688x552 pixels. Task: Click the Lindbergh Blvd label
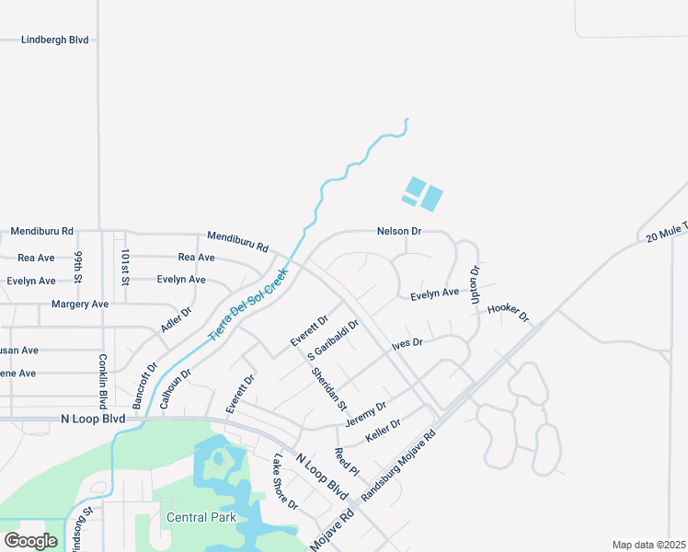(55, 40)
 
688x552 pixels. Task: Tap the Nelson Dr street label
(399, 232)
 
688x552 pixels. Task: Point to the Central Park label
(201, 517)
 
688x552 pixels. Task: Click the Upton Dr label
(475, 284)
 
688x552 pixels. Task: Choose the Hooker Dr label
(509, 313)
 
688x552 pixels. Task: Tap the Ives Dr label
(407, 343)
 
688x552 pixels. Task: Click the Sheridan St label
(328, 389)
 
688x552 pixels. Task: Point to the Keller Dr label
(384, 430)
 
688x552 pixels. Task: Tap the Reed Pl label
(346, 464)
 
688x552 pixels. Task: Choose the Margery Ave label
(80, 304)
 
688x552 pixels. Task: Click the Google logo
(31, 541)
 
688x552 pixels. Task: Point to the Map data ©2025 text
(648, 545)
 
